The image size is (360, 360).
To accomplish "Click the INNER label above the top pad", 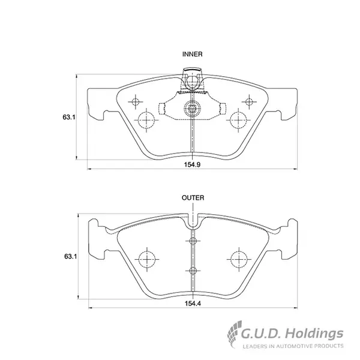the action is (x=192, y=54).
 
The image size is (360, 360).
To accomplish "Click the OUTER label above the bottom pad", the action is (x=193, y=197).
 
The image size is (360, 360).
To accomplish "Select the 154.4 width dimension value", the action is (x=193, y=303).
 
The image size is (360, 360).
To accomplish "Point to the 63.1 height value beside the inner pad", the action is (x=69, y=117).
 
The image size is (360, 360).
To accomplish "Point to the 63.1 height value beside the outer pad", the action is (x=70, y=256).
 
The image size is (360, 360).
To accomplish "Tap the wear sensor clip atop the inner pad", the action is (x=192, y=80).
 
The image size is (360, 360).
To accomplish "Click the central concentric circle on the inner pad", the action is (x=192, y=108).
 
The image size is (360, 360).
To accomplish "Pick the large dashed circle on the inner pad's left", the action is (x=147, y=120).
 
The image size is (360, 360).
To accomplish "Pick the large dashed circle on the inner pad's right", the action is (x=238, y=120).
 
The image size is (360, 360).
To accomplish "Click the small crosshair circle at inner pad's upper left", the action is (x=136, y=102).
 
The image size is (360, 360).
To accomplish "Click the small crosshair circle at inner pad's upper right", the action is (x=249, y=102).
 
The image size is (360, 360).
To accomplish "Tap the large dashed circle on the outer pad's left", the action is (x=147, y=259).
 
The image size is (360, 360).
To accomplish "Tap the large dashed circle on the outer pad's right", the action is (x=239, y=259).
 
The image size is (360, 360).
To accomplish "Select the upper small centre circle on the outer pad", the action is (x=193, y=241).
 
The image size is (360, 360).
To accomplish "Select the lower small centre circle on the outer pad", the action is (x=193, y=271).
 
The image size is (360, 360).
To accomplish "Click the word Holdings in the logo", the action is (x=314, y=334).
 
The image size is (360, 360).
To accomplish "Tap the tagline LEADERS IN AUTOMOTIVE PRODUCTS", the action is (x=293, y=346).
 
